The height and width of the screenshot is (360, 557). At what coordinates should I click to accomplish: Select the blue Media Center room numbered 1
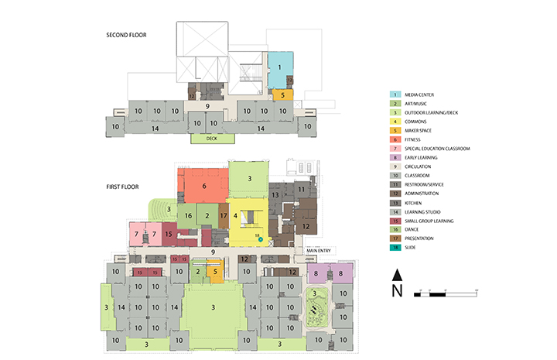[x=280, y=68]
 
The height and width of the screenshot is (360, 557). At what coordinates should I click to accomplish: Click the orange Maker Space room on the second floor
[x=283, y=94]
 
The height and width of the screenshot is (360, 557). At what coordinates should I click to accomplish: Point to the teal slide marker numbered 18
[x=261, y=240]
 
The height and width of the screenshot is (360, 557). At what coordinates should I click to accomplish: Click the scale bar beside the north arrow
[x=447, y=293]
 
